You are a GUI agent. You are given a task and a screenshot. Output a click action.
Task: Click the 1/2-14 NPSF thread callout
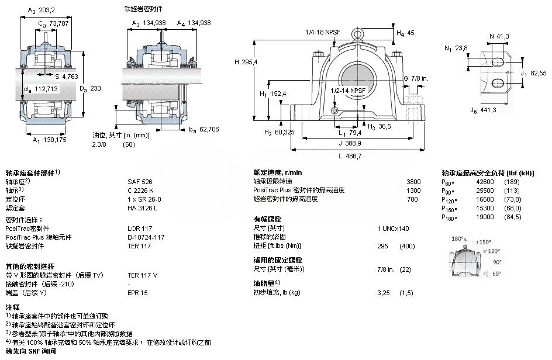click(x=349, y=91)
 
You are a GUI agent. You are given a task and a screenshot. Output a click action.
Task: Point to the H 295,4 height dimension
click(x=246, y=62)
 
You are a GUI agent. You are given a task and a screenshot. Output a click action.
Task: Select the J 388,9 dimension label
click(x=350, y=143)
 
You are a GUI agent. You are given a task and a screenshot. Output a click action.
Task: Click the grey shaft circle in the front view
click(x=356, y=75)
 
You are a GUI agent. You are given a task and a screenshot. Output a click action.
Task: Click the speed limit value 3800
click(x=413, y=182)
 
